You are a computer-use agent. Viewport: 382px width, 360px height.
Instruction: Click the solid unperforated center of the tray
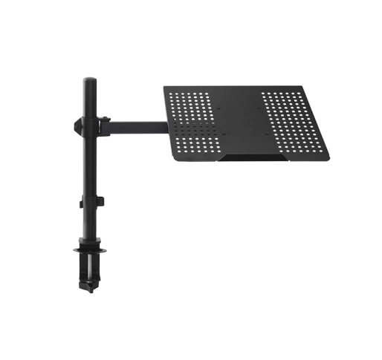pyautogui.click(x=242, y=119)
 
